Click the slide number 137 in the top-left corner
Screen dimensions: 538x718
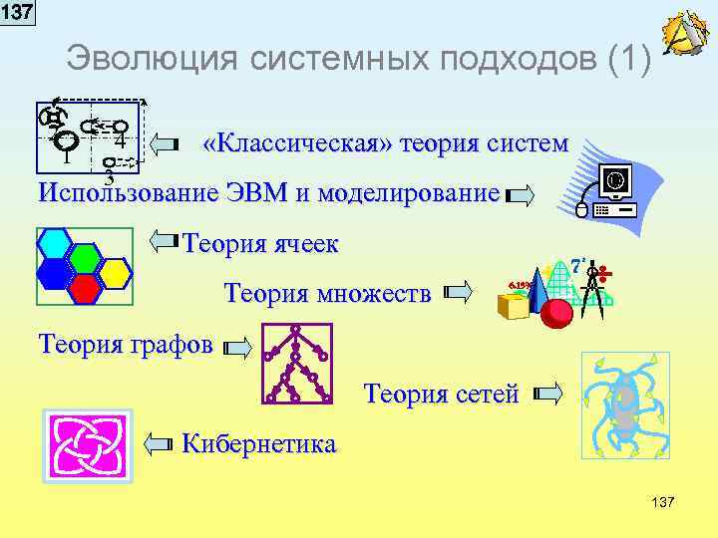click(x=17, y=13)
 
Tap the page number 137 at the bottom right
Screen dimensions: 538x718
click(x=661, y=502)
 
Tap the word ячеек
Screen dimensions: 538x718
click(x=302, y=244)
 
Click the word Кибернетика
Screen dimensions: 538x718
click(x=259, y=443)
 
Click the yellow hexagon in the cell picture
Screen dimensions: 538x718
click(x=116, y=271)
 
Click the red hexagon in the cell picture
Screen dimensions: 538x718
click(x=86, y=287)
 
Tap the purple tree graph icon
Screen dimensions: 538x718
click(x=296, y=364)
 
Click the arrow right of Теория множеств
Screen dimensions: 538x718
click(x=457, y=293)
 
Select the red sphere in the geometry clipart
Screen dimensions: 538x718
click(x=555, y=313)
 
